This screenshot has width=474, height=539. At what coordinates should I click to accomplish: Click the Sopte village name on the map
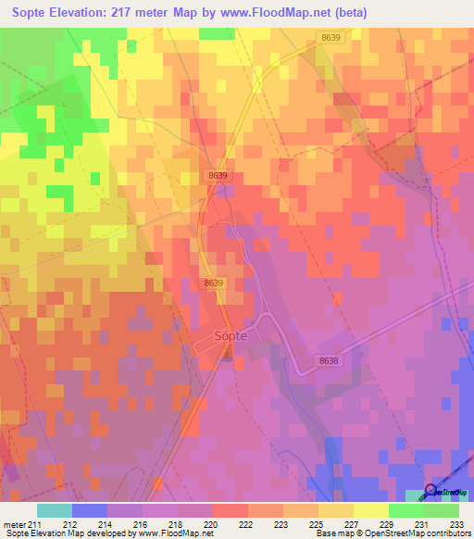(231, 336)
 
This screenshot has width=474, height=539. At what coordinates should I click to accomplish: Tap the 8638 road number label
(328, 360)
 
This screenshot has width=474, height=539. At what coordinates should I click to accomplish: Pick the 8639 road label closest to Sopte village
(214, 282)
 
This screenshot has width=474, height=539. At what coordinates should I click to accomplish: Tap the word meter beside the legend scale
(15, 523)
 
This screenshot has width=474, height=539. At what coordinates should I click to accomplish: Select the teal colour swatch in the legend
(55, 510)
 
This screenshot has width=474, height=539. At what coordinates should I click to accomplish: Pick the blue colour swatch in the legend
(90, 510)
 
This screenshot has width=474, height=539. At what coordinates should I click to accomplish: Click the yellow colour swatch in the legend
(370, 510)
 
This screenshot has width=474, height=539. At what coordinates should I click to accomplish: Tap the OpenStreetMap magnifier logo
(431, 491)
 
